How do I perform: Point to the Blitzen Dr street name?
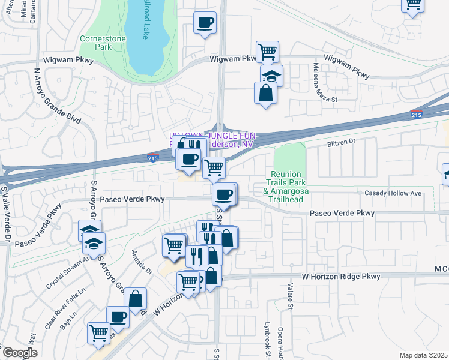click(342, 142)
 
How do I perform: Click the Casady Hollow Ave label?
click(393, 193)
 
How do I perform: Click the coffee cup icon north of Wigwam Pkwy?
click(205, 23)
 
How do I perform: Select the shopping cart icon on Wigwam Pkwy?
click(267, 51)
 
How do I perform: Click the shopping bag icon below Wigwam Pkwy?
click(265, 93)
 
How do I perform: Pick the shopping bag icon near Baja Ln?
click(136, 298)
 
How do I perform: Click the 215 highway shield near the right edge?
click(416, 114)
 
